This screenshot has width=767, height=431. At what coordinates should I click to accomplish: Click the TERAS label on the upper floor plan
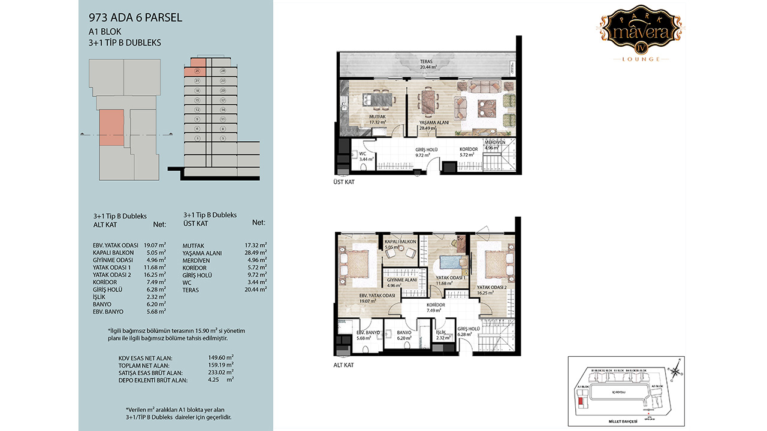click(426, 62)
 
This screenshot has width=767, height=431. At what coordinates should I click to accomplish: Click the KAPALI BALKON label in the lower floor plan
click(400, 241)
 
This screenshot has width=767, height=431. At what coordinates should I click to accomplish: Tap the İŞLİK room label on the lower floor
click(440, 332)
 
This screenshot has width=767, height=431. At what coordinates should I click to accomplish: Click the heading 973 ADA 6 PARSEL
click(135, 18)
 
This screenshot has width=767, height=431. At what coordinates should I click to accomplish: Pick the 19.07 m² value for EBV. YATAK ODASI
click(155, 245)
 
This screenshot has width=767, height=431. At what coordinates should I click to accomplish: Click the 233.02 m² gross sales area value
click(222, 372)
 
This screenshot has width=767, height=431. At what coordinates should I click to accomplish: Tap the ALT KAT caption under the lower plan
click(342, 364)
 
